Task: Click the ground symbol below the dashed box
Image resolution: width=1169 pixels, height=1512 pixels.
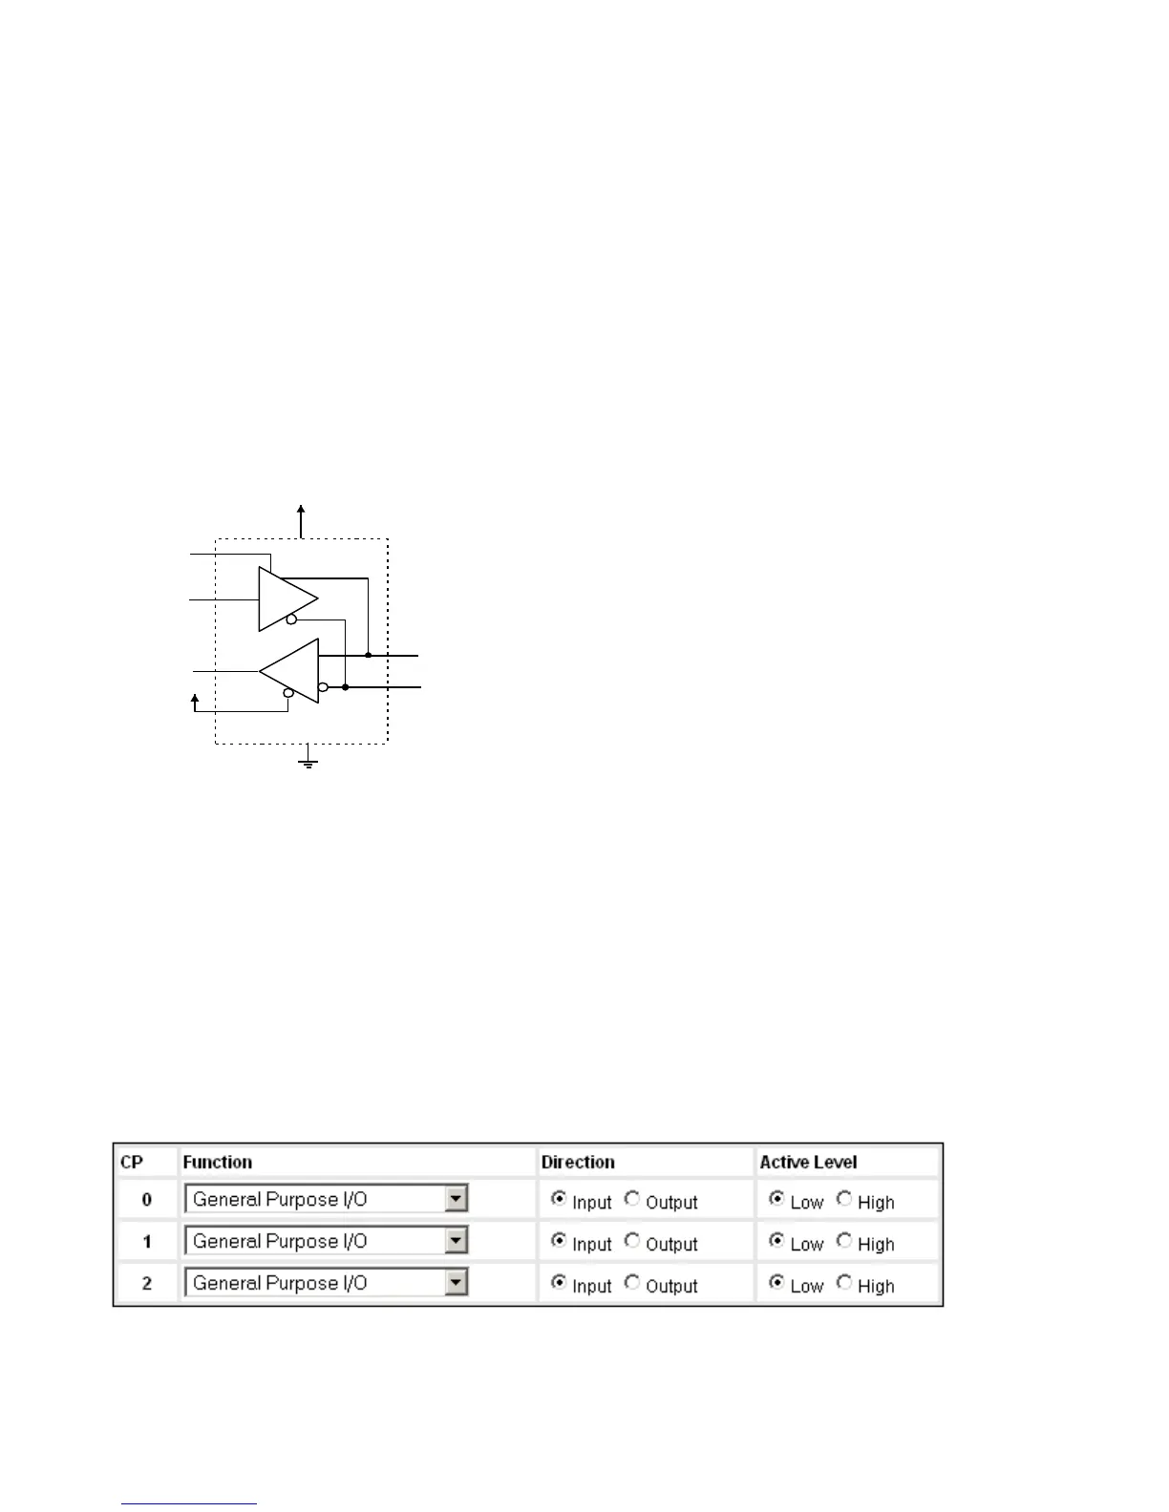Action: (x=308, y=762)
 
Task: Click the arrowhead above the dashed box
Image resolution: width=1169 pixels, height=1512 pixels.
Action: (x=301, y=511)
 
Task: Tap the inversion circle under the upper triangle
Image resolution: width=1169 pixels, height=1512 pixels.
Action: (x=291, y=620)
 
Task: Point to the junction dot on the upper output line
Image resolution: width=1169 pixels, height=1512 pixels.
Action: (x=368, y=656)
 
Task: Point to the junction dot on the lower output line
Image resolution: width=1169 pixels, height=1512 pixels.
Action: (x=345, y=687)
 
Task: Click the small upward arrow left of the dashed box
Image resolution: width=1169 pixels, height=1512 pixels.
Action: (x=195, y=701)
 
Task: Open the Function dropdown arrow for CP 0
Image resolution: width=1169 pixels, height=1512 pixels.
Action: (x=457, y=1198)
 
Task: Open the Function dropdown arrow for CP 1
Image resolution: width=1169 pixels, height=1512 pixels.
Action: (x=457, y=1240)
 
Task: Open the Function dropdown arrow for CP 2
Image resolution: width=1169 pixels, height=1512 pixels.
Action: (x=457, y=1282)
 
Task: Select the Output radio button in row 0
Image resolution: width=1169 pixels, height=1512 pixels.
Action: (x=632, y=1199)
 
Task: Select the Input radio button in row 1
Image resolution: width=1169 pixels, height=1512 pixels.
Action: (x=559, y=1241)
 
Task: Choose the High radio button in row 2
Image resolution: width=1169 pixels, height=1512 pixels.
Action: (x=844, y=1283)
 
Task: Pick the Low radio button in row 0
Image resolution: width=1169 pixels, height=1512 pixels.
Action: (x=776, y=1199)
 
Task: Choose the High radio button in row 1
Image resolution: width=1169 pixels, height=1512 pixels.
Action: (x=844, y=1241)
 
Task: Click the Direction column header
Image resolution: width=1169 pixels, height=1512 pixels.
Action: (x=578, y=1162)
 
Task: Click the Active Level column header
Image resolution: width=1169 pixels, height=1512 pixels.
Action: (x=808, y=1162)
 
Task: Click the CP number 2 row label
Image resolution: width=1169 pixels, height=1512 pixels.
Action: (x=146, y=1283)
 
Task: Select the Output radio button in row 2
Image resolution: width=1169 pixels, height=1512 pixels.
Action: (x=632, y=1283)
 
